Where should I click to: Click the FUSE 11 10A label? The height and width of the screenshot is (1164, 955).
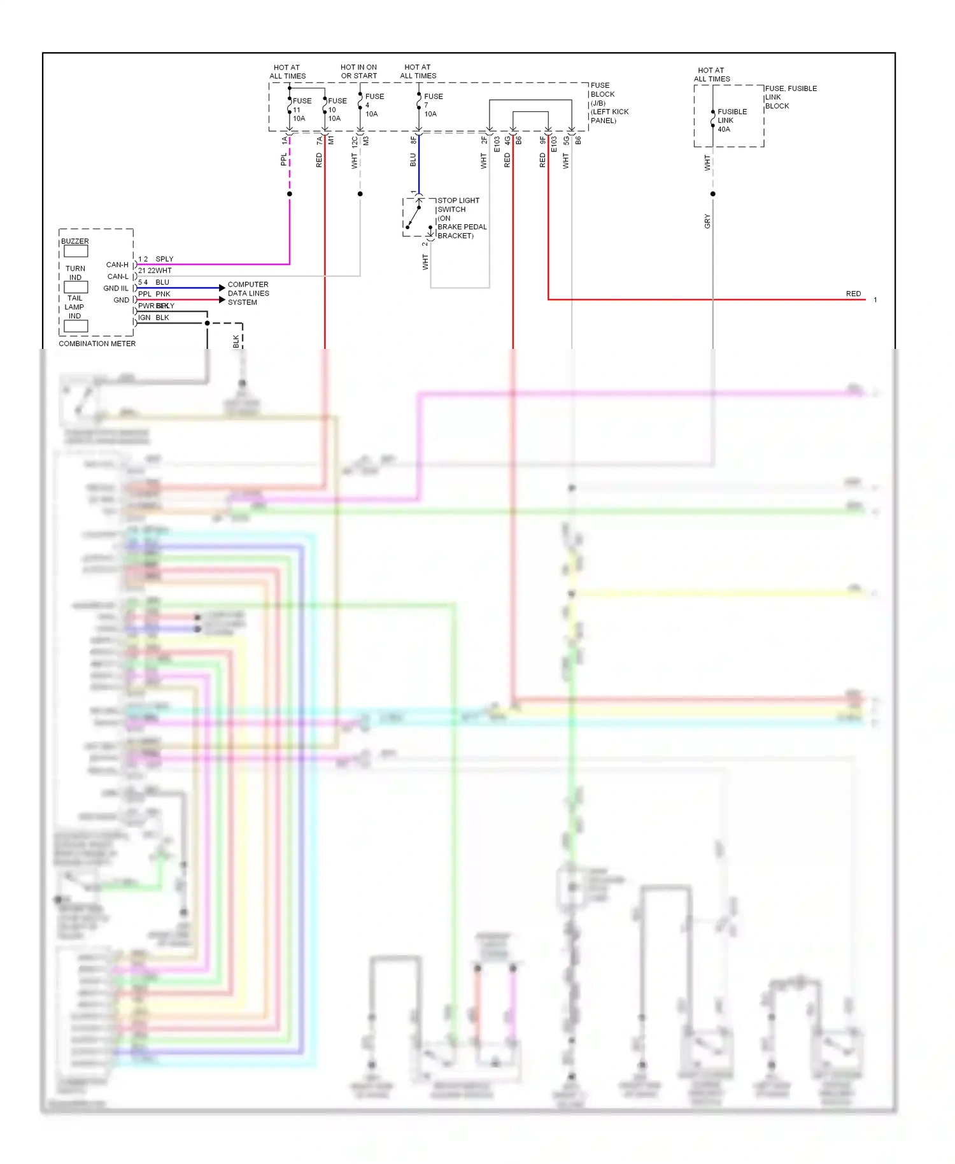tap(301, 110)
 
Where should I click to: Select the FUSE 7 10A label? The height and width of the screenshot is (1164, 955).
tap(433, 105)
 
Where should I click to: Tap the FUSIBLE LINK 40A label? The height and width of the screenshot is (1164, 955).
tap(732, 120)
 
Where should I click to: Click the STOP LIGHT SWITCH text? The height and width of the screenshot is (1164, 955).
tap(458, 205)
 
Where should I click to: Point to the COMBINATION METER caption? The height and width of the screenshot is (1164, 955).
tap(97, 344)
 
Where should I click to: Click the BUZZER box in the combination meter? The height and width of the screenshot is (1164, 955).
tap(76, 251)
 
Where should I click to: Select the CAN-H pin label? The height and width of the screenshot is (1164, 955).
tap(117, 265)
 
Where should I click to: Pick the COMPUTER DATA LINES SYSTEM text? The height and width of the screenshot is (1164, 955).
tap(248, 294)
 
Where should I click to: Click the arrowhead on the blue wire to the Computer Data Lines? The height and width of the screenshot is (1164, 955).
tap(222, 288)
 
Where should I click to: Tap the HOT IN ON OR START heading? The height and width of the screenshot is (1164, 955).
tap(358, 71)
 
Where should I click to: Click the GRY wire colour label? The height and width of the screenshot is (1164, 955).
tap(707, 222)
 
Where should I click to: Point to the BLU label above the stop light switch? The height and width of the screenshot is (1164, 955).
tap(413, 159)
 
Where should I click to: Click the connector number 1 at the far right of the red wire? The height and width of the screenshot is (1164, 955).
tap(875, 300)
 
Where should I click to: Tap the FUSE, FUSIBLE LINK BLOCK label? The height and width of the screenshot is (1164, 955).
tap(790, 97)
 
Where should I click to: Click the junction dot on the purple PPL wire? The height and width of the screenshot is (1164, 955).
tap(290, 194)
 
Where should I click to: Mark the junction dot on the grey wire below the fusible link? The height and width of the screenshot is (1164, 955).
tap(712, 194)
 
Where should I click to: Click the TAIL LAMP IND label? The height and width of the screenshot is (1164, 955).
tap(74, 307)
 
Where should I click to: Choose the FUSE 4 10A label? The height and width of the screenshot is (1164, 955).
tap(374, 105)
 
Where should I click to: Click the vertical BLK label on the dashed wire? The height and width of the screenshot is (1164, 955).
tap(236, 341)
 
